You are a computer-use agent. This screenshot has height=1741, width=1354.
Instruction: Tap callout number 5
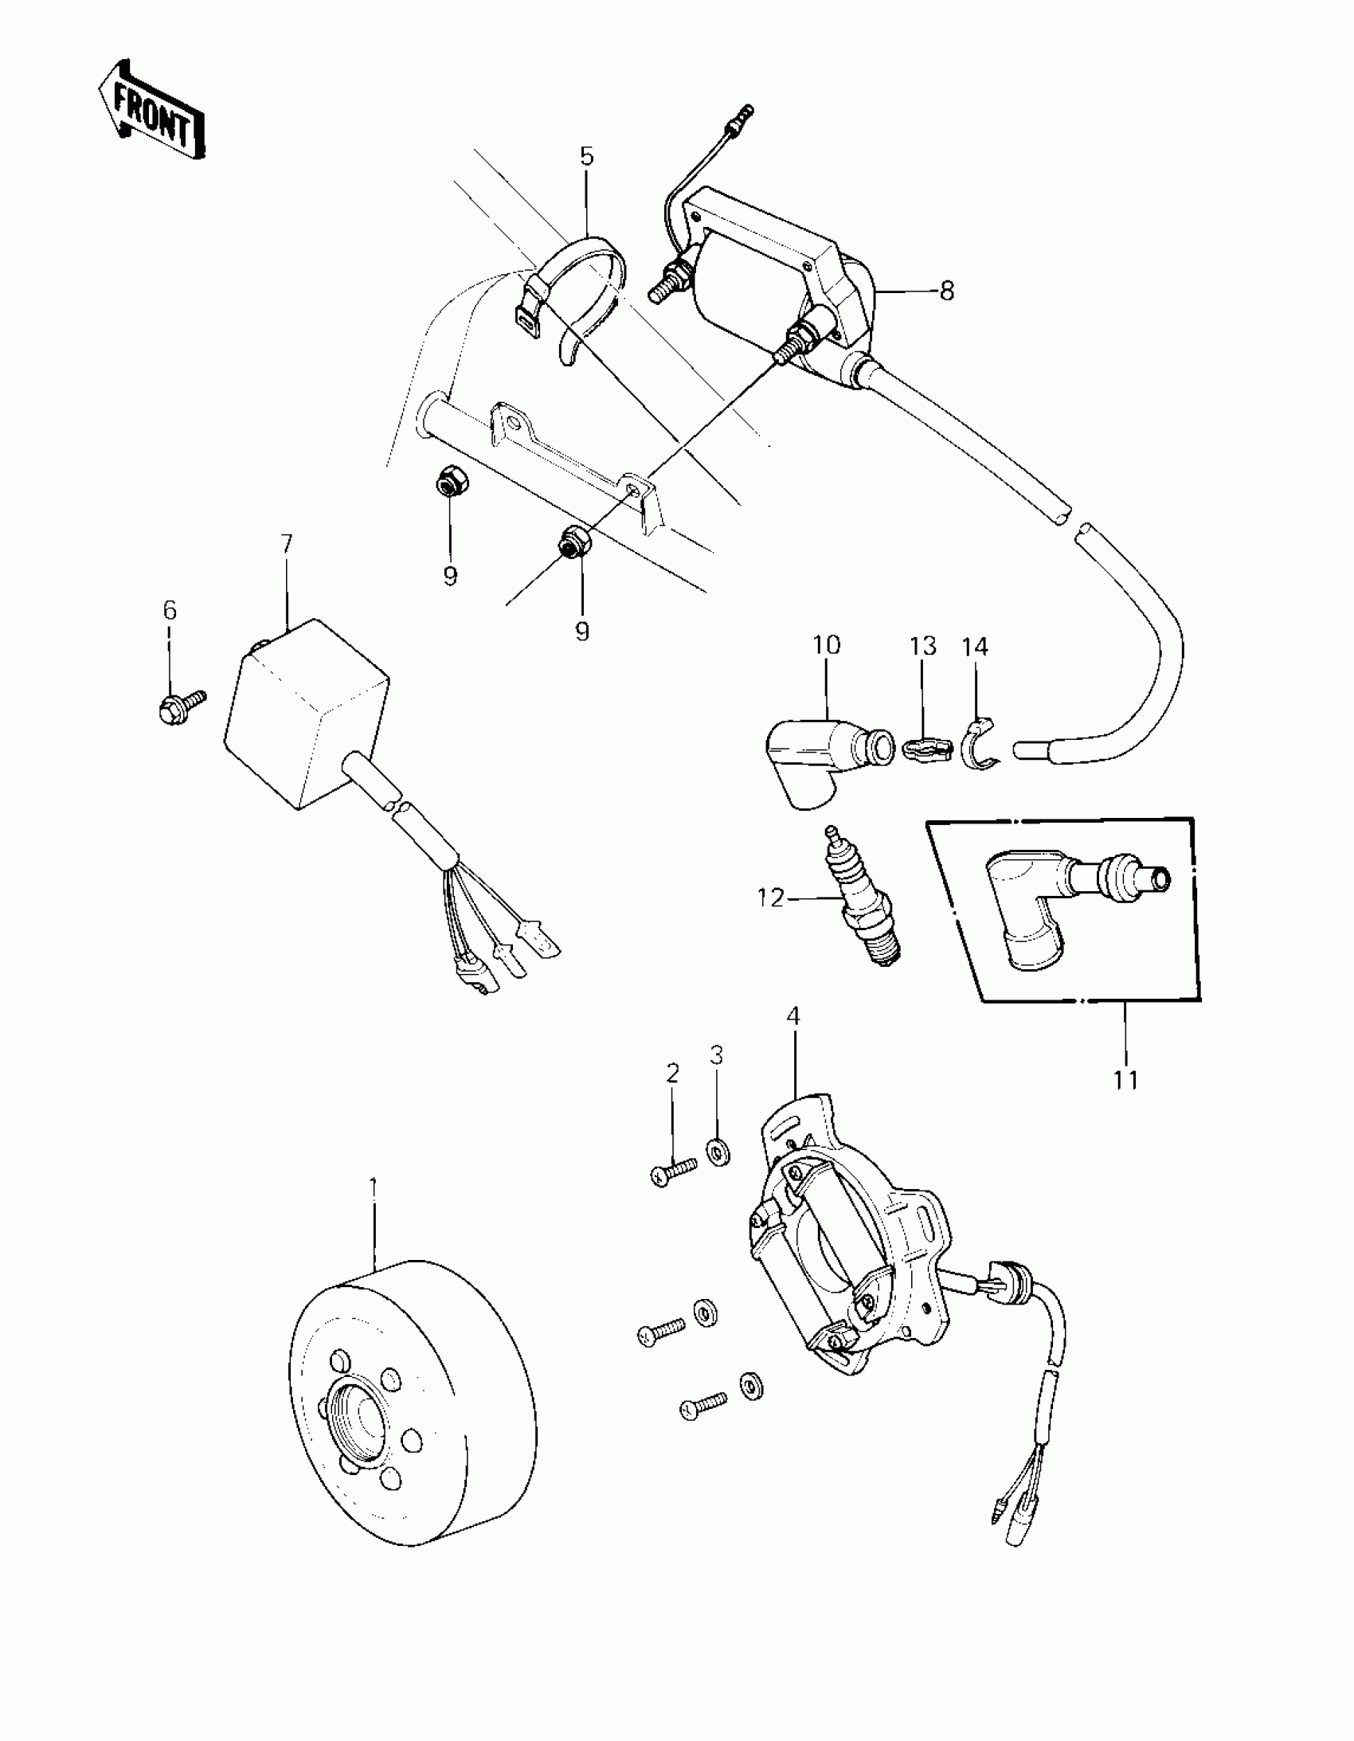point(587,156)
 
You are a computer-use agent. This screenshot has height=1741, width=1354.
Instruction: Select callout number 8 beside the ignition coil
point(946,291)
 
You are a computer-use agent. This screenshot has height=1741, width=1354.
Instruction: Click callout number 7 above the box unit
point(286,545)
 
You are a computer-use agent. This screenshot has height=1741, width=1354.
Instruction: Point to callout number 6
point(170,611)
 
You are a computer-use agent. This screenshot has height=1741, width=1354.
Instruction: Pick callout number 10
point(827,644)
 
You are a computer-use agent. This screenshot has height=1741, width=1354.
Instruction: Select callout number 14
point(974,647)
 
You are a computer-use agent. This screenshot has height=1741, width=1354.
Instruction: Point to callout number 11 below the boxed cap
point(1126,1080)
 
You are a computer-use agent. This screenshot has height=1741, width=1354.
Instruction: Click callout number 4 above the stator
point(792,1015)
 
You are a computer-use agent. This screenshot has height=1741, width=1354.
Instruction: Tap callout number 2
point(672,1074)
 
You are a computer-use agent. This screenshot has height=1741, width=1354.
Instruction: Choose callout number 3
point(716,1055)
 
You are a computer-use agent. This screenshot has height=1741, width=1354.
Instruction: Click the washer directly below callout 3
point(718,1153)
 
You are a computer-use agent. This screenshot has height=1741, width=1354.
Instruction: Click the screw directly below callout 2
point(674,1172)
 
